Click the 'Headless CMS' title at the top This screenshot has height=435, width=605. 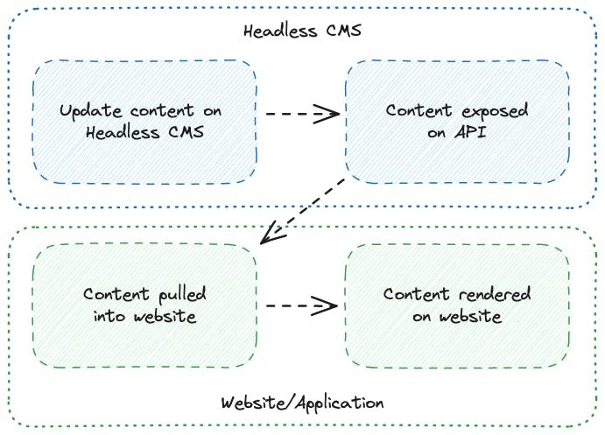tap(302, 32)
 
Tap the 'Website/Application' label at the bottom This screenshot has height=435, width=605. tap(302, 403)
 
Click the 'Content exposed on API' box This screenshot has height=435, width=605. tap(457, 122)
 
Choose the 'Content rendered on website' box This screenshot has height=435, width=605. tap(457, 305)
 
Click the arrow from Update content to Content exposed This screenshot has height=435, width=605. tap(301, 113)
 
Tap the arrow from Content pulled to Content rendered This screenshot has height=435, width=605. tap(301, 305)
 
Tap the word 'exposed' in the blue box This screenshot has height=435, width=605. tap(493, 111)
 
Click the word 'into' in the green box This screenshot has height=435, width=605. tap(109, 315)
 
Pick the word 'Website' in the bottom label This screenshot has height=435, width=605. tap(252, 403)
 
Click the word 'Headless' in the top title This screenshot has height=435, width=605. tap(277, 32)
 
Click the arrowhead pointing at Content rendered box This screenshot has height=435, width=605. tap(327, 305)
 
